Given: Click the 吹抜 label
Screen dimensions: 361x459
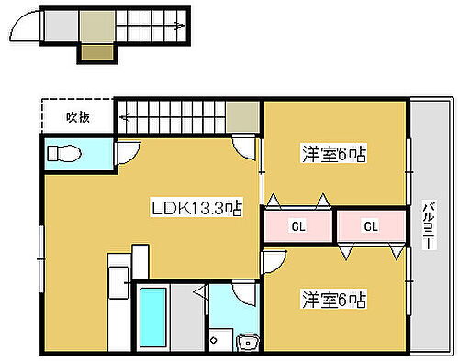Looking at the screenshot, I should [x=77, y=116].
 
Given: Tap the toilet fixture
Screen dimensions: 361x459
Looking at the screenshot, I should [x=66, y=154].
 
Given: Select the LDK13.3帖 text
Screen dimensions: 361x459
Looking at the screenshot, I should [x=196, y=208].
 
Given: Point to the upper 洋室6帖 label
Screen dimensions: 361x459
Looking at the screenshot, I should [x=334, y=155].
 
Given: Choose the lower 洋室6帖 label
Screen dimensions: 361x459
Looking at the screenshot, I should [x=334, y=299].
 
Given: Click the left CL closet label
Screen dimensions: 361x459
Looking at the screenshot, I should [x=299, y=225].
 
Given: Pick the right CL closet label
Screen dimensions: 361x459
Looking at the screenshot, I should [x=371, y=225].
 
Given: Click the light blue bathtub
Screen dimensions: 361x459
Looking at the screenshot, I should [x=151, y=316].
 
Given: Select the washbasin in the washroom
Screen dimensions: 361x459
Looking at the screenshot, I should [x=245, y=343].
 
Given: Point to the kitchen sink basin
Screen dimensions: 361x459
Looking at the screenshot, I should [x=119, y=284].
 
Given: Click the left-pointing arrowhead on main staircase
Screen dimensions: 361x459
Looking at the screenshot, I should [x=122, y=116].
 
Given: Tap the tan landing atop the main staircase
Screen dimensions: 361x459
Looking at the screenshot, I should [x=243, y=116].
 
